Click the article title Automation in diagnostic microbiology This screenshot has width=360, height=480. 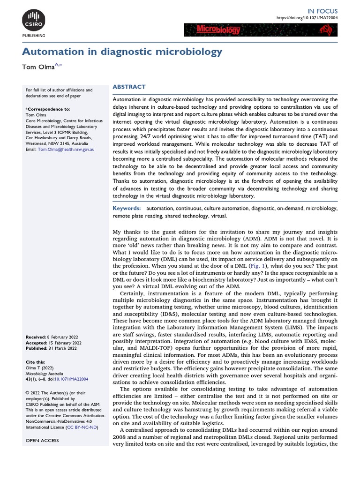(x=122, y=51)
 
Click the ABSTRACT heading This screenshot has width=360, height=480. (x=129, y=87)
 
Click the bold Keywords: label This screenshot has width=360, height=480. (x=127, y=208)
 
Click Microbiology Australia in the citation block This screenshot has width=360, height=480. (x=45, y=374)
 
